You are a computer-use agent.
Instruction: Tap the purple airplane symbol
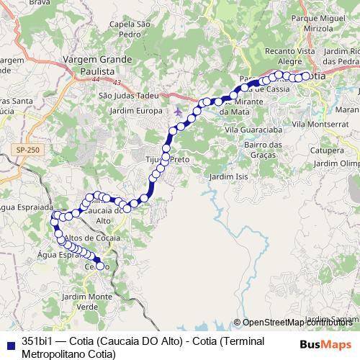[x=178, y=112]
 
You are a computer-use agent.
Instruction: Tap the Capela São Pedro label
[x=129, y=29]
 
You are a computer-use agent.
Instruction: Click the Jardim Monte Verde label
[x=80, y=301]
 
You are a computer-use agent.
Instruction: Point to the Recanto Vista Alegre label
[x=289, y=57]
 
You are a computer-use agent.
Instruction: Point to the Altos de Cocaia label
[x=92, y=238]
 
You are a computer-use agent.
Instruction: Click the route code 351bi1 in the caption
[x=35, y=341]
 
